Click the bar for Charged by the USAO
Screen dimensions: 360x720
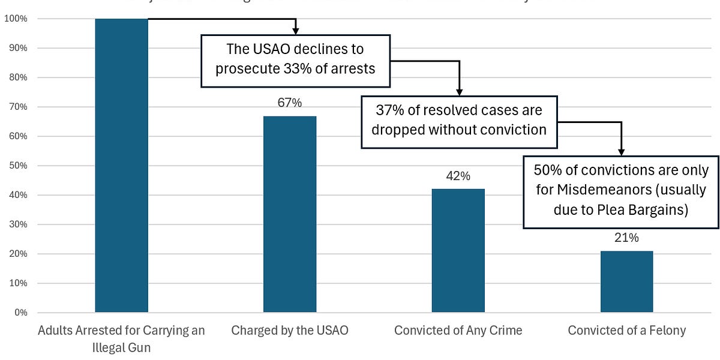coord(290,214)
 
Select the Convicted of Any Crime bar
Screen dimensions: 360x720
coord(458,251)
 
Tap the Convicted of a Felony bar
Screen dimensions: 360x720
coord(626,281)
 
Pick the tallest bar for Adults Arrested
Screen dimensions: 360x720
coord(122,165)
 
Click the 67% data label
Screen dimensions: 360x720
coord(290,103)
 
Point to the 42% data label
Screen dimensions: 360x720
coord(458,176)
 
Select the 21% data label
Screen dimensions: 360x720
coord(626,238)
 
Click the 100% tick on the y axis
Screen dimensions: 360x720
coord(16,19)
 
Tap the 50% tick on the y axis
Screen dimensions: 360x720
coord(17,166)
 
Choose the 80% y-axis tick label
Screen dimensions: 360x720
coord(17,77)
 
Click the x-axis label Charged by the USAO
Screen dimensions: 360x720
coord(290,330)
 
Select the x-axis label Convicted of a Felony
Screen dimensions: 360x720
coord(626,330)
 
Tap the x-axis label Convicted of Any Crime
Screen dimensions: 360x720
coord(458,330)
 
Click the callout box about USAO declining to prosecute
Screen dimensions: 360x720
coord(295,61)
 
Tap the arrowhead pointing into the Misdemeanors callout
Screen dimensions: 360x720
coord(621,152)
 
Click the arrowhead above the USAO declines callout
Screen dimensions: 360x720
coord(295,31)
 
